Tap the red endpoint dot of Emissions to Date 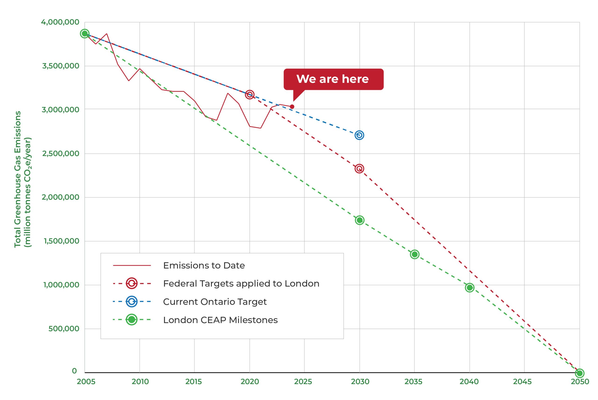pyautogui.click(x=292, y=107)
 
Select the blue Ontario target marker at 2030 pyautogui.click(x=359, y=135)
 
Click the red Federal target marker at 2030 pyautogui.click(x=359, y=169)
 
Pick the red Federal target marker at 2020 pyautogui.click(x=249, y=95)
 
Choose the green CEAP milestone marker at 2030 pyautogui.click(x=359, y=220)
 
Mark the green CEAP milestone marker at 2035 pyautogui.click(x=414, y=254)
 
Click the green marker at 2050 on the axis pyautogui.click(x=579, y=373)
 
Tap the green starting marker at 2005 pyautogui.click(x=85, y=34)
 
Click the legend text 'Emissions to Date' pyautogui.click(x=204, y=266)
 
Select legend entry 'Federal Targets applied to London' pyautogui.click(x=241, y=284)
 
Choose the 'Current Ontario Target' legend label pyautogui.click(x=215, y=302)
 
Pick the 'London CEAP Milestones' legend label pyautogui.click(x=220, y=320)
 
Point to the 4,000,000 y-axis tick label pyautogui.click(x=60, y=22)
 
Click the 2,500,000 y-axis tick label pyautogui.click(x=61, y=154)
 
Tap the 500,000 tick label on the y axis pyautogui.click(x=64, y=329)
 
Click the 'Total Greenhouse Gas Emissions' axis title pyautogui.click(x=17, y=179)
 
